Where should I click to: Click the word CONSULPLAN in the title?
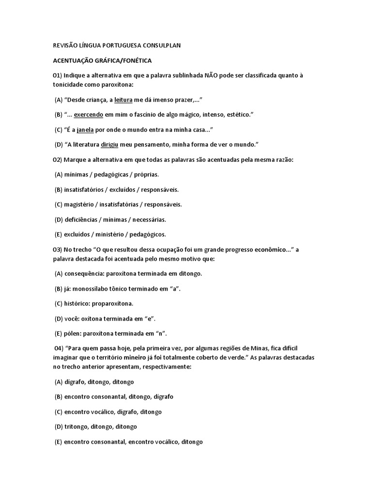tap(161, 46)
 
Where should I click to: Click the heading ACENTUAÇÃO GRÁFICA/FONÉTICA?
tap(102, 61)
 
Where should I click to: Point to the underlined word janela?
tap(85, 129)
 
